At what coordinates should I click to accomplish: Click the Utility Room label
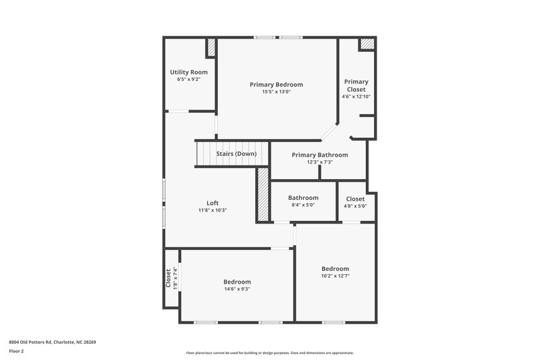click(x=188, y=72)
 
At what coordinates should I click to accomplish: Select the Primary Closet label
click(x=356, y=86)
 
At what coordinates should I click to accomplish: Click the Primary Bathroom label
click(x=320, y=155)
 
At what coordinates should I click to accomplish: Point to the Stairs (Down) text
click(x=236, y=154)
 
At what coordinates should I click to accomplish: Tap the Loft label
click(x=212, y=203)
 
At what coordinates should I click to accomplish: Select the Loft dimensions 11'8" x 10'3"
click(x=212, y=210)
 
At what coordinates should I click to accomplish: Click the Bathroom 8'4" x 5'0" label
click(x=303, y=198)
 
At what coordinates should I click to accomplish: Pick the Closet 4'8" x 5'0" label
click(x=355, y=199)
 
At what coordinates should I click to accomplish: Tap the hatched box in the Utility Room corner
click(x=210, y=47)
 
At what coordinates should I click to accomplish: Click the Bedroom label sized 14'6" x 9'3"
click(x=237, y=282)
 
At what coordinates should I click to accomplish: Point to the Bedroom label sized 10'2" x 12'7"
click(x=335, y=268)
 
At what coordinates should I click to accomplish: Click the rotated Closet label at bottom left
click(x=169, y=279)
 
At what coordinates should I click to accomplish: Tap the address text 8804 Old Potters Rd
click(x=53, y=342)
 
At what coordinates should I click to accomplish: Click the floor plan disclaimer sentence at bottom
click(x=269, y=353)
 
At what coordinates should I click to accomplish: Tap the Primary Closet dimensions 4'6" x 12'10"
click(x=356, y=97)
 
